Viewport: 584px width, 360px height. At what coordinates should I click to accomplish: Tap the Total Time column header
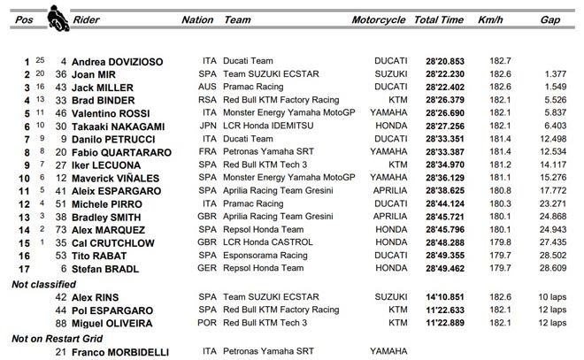[x=439, y=19]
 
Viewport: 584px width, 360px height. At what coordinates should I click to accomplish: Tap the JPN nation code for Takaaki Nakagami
[x=209, y=129]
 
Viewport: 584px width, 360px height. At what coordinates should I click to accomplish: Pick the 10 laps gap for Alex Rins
[x=551, y=296]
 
